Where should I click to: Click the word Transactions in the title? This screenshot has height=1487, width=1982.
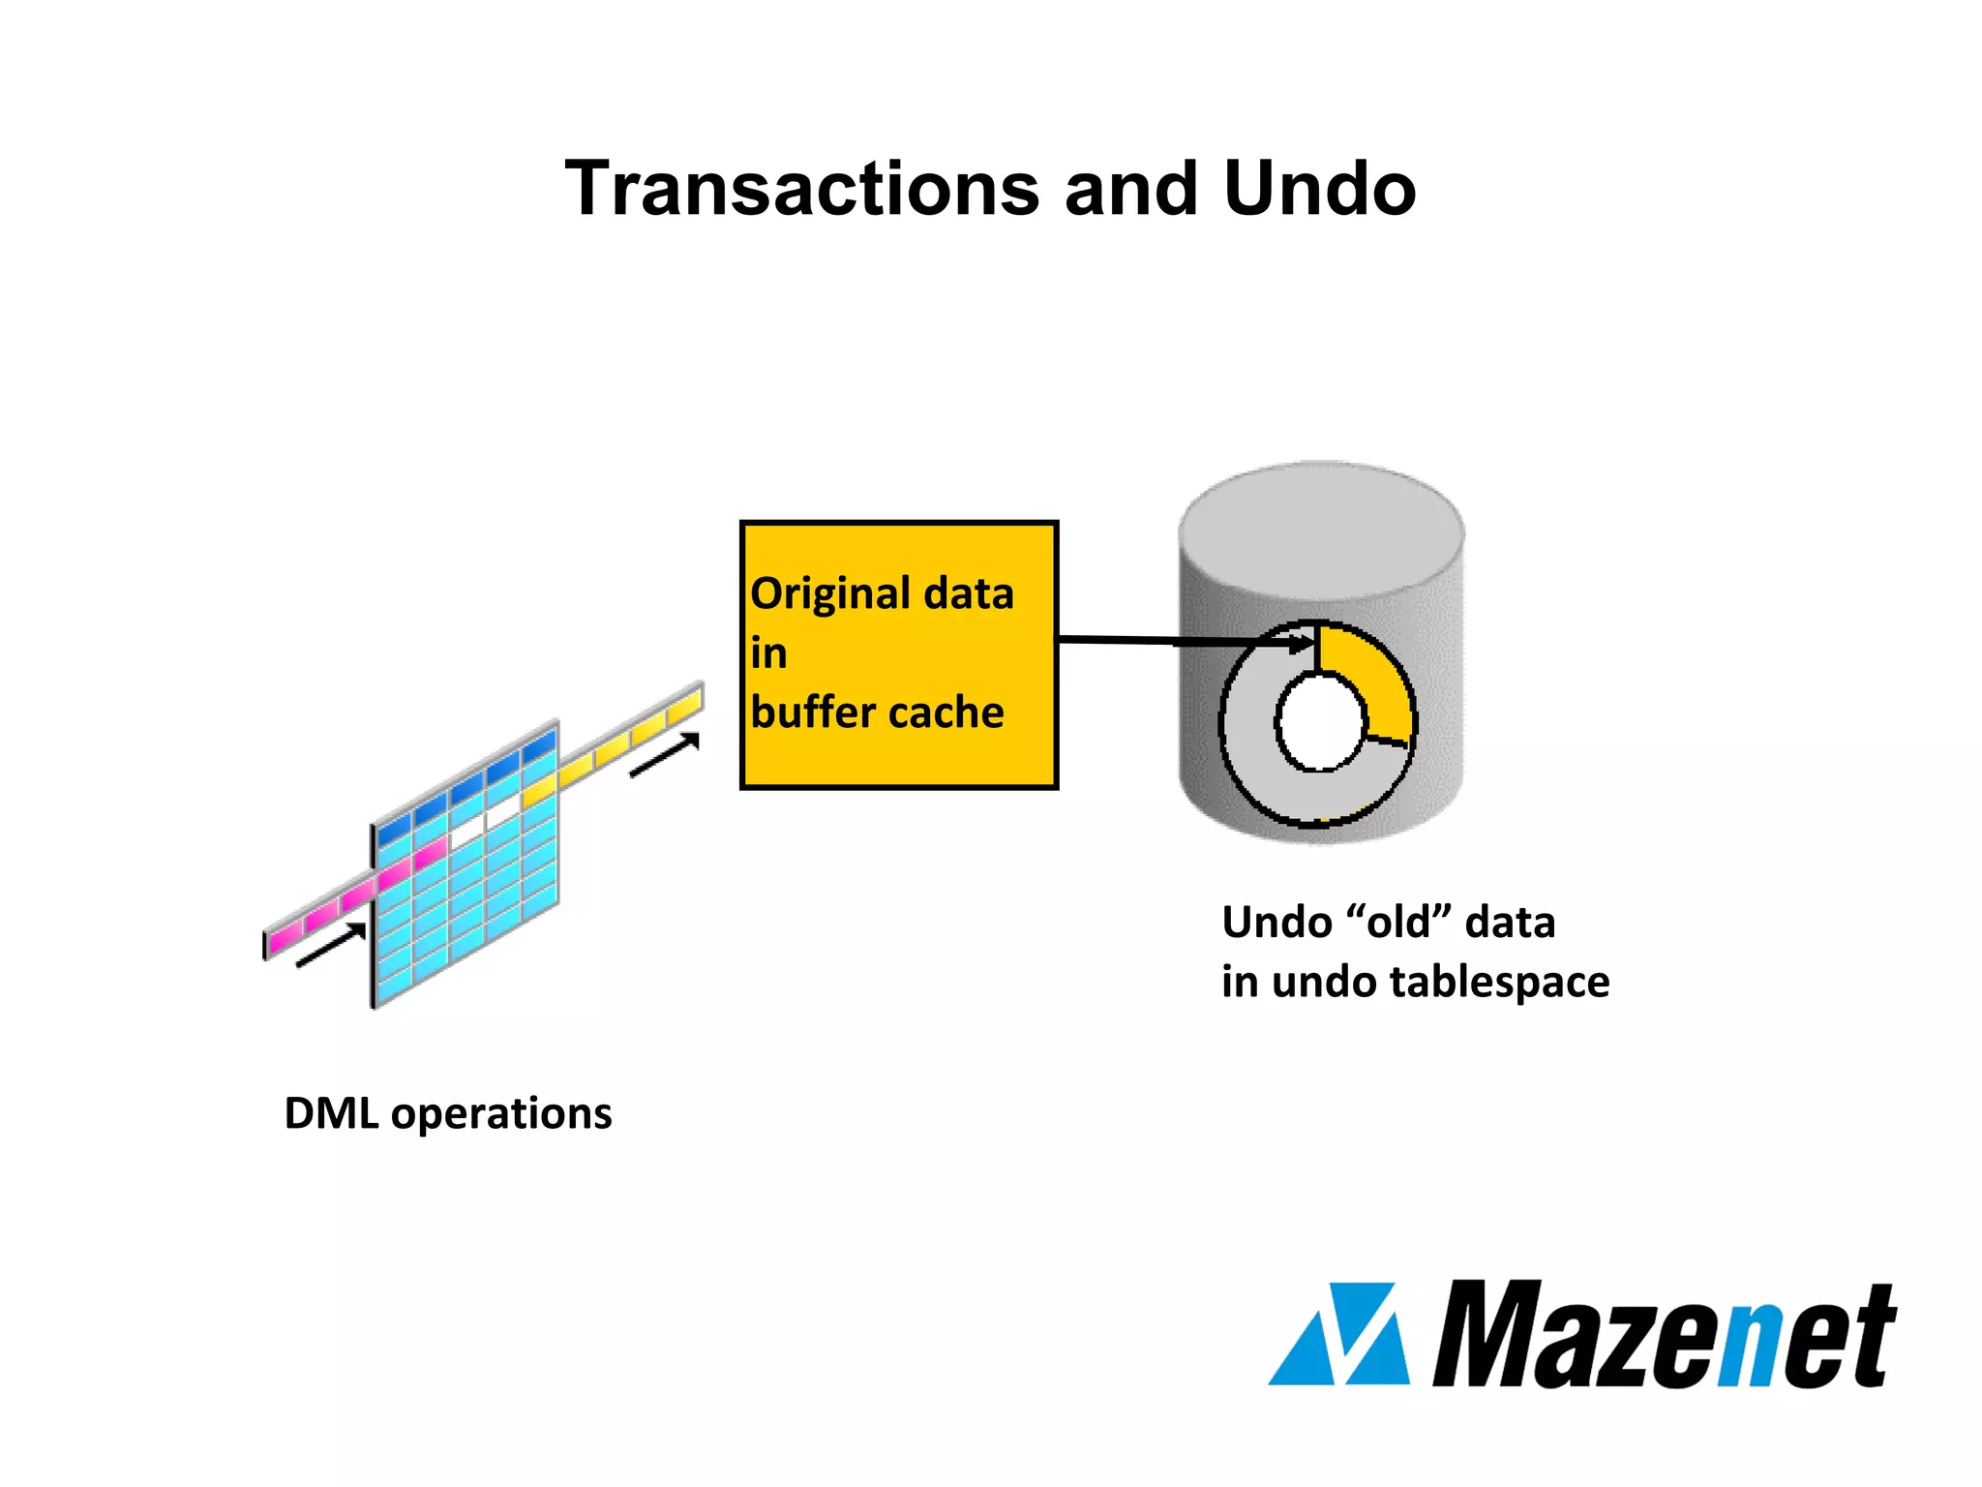coord(802,189)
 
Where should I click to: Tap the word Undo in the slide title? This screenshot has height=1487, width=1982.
coord(1319,189)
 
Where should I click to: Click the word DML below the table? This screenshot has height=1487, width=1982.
coord(331,1113)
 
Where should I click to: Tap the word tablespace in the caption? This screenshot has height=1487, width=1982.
coord(1499,982)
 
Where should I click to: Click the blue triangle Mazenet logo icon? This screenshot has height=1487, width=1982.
coord(1339,1336)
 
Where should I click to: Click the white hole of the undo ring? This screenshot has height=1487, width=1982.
coord(1320,722)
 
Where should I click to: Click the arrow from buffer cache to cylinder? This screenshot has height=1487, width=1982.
coord(1181,641)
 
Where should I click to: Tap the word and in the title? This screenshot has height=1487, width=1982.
coord(1129,189)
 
